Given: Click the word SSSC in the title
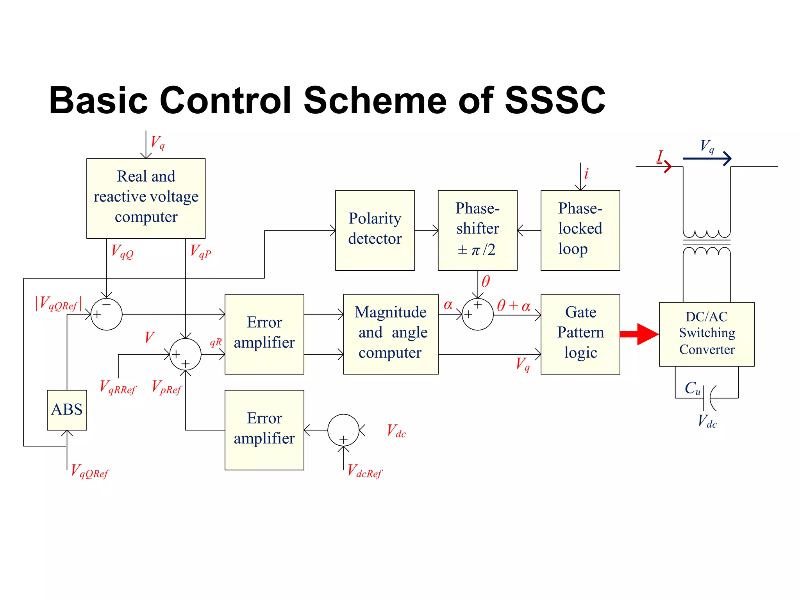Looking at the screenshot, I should [555, 100].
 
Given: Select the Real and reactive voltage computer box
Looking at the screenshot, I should [146, 198].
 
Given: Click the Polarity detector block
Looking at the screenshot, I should [375, 230].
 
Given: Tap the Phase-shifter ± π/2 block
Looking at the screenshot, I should [477, 230].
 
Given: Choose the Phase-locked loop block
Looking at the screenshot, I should [580, 230].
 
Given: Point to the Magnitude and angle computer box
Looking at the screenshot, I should [391, 334].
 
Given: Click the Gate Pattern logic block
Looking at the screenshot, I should [580, 334].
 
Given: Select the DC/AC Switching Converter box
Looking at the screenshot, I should [706, 334].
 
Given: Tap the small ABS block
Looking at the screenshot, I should [67, 410].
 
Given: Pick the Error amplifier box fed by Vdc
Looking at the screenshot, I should [264, 430].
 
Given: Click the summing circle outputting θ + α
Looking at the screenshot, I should [477, 314].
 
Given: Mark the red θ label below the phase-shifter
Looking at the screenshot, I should [486, 282].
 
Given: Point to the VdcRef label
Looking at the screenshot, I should [364, 471].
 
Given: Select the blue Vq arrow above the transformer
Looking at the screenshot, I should [707, 158].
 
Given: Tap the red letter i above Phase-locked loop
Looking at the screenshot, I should [586, 174].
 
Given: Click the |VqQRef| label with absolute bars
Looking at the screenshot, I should [59, 304].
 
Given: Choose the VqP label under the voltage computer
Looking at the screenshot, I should [200, 251].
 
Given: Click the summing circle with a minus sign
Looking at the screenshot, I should [106, 314].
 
